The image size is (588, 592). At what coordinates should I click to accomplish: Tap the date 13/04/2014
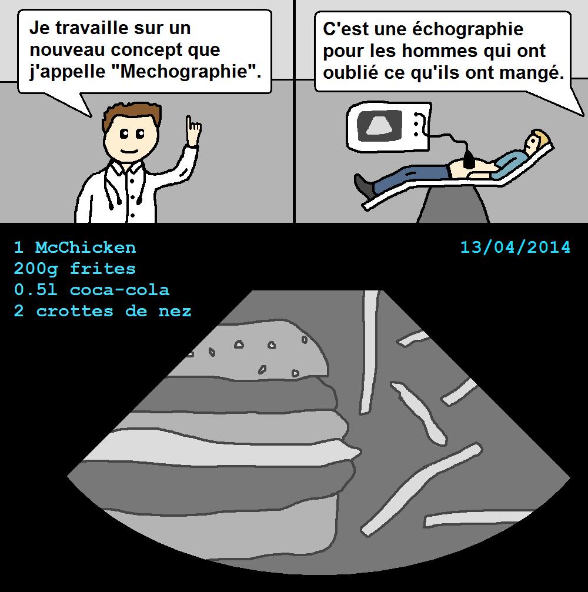[x=515, y=247]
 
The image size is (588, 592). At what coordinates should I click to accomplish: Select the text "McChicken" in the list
[x=85, y=247]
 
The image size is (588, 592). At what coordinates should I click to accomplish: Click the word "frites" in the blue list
[x=103, y=269]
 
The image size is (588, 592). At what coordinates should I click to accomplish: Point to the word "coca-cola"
[x=119, y=290]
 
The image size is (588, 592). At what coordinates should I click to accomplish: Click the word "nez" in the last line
[x=175, y=312]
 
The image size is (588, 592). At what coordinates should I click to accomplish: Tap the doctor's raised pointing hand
[x=193, y=131]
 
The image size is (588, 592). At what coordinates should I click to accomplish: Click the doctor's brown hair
[x=131, y=115]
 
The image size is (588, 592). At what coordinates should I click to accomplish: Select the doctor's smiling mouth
[x=129, y=151]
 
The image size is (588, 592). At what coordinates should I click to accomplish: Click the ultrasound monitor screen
[x=379, y=125]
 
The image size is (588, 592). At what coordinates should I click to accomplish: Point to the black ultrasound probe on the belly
[x=468, y=159]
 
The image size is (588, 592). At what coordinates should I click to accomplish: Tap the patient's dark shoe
[x=363, y=185]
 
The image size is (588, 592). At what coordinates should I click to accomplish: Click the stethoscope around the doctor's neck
[x=113, y=185]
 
